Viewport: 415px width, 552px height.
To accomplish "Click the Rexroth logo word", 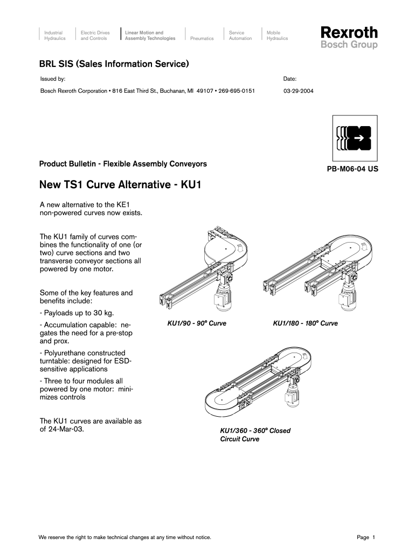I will (x=349, y=32).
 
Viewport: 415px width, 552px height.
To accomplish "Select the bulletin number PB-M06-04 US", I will (x=352, y=169).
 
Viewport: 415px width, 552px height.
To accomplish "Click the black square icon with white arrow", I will (x=354, y=139).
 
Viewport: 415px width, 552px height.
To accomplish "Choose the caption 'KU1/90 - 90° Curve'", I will (x=197, y=323).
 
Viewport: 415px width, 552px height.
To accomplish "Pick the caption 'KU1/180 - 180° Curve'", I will (x=305, y=323).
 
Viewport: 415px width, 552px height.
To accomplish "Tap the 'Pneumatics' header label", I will (x=202, y=39).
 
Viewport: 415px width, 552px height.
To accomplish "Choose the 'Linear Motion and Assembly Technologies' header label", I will (x=150, y=36).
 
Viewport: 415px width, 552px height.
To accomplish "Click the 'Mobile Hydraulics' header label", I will (x=277, y=36).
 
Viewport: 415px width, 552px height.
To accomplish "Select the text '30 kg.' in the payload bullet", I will (x=104, y=313).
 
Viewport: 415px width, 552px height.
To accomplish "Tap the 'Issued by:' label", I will (x=53, y=79).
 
